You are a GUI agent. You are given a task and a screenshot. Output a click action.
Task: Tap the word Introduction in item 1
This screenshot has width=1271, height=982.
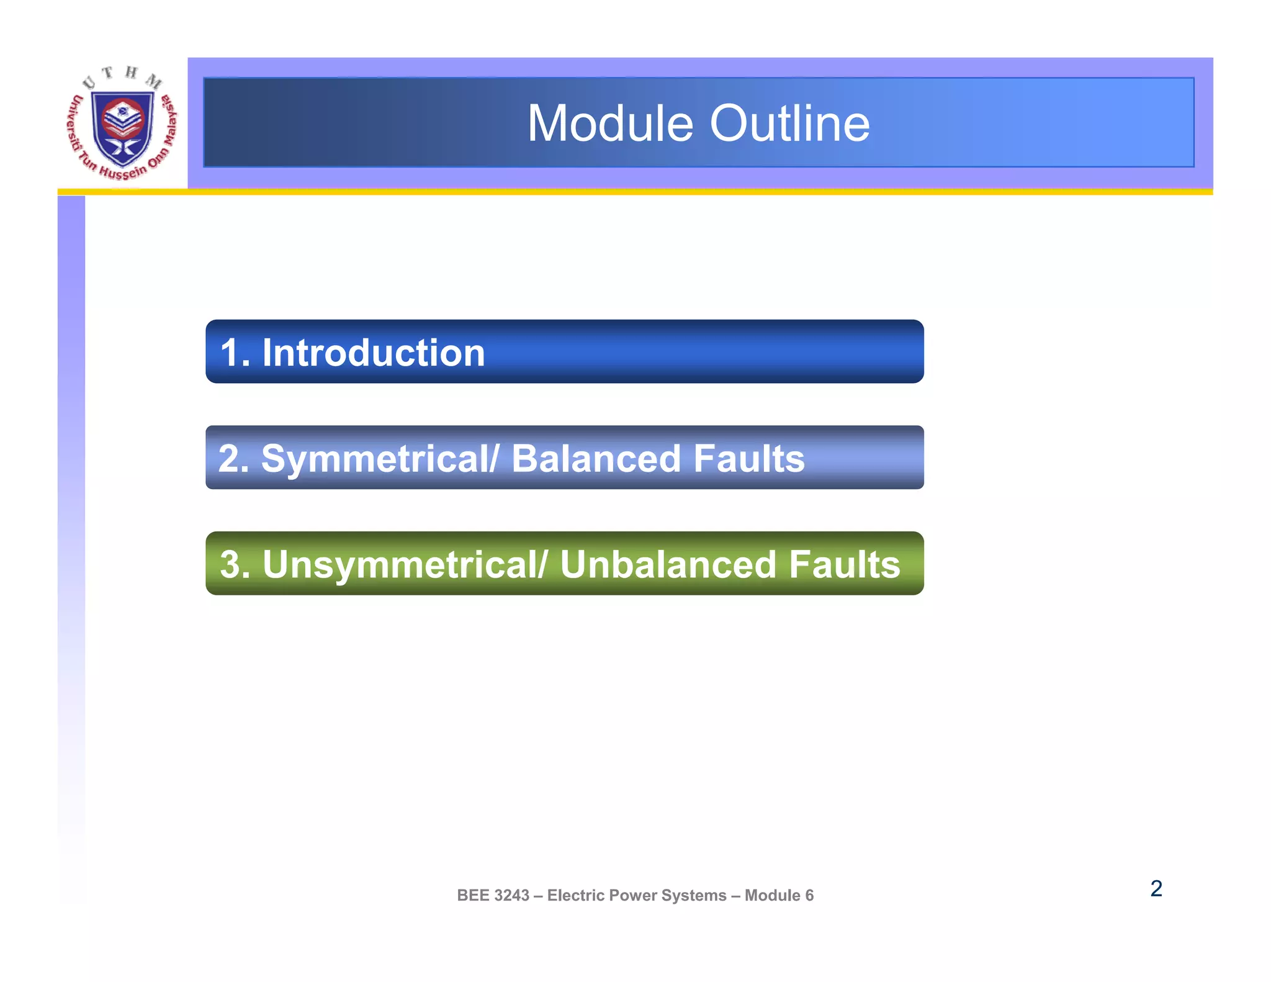pos(373,353)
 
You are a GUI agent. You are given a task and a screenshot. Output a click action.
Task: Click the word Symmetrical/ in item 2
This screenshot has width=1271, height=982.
pos(380,459)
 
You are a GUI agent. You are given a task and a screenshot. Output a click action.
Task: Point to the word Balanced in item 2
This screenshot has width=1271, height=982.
pos(596,459)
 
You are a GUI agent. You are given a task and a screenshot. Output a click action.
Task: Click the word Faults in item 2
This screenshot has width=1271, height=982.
pos(748,459)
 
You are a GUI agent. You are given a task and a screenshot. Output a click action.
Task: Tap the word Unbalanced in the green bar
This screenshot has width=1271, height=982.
pos(668,565)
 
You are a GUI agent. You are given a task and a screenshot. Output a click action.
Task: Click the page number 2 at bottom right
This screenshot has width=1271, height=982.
pos(1156,888)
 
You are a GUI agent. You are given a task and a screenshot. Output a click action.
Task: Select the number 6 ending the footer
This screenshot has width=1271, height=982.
pos(809,895)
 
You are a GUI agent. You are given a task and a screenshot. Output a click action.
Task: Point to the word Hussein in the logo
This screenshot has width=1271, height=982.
pos(122,172)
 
